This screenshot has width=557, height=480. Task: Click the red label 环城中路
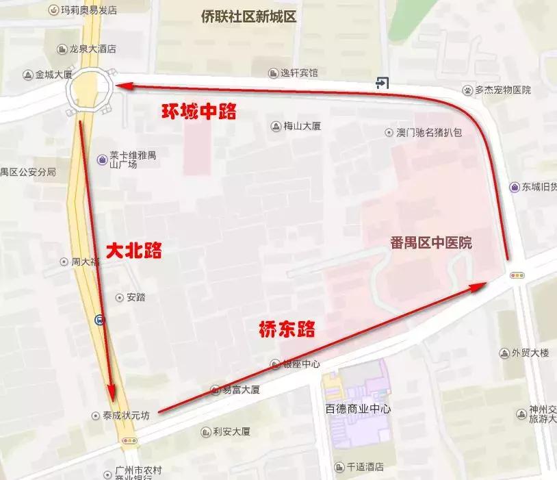[x=199, y=112]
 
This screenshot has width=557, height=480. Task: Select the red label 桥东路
[x=287, y=329]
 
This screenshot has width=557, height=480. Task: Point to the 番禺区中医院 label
[x=431, y=243]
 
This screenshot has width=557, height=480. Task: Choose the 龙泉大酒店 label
[x=92, y=49]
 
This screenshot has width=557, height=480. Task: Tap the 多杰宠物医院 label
[x=503, y=90]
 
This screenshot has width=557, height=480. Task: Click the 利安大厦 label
[x=231, y=431]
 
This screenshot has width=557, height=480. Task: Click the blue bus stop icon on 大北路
[x=100, y=320]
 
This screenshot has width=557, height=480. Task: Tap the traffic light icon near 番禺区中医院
[x=518, y=275]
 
